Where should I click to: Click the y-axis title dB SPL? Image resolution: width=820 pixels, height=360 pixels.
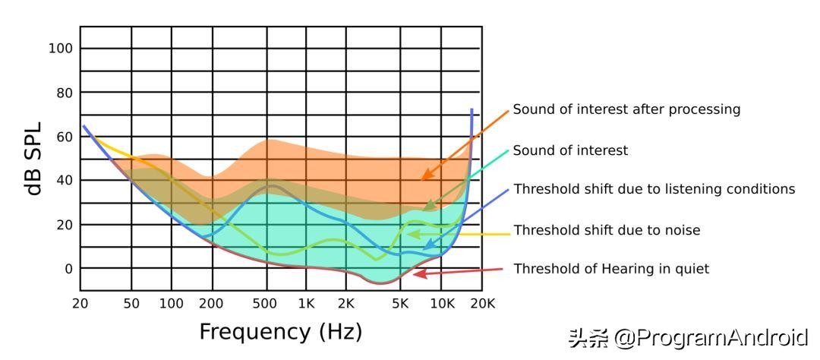tap(33, 159)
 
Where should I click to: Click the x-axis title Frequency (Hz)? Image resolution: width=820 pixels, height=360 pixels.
tap(280, 332)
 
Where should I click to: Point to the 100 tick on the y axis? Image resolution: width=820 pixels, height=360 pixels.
tap(60, 49)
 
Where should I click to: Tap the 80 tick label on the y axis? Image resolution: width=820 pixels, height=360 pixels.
tap(64, 93)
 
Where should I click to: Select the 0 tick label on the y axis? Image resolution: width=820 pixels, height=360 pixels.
tap(68, 269)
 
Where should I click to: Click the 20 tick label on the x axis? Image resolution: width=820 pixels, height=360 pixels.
tap(80, 304)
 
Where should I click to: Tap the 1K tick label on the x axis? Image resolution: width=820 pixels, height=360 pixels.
tap(306, 304)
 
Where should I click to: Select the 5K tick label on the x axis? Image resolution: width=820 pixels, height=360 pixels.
tap(400, 304)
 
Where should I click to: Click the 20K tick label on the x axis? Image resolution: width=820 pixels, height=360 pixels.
tap(481, 304)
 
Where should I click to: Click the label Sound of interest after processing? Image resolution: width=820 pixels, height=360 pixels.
tap(626, 109)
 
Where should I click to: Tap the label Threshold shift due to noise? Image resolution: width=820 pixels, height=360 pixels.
tap(607, 230)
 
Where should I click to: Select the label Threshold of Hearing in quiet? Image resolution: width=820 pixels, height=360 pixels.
tap(611, 269)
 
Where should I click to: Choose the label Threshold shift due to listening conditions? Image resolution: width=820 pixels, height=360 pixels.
tap(654, 189)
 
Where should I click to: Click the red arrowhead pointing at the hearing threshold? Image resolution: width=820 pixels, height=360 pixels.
tap(417, 273)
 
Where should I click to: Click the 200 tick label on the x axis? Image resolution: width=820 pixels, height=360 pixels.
tap(211, 304)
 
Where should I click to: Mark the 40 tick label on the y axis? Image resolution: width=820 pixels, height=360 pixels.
tap(64, 181)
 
